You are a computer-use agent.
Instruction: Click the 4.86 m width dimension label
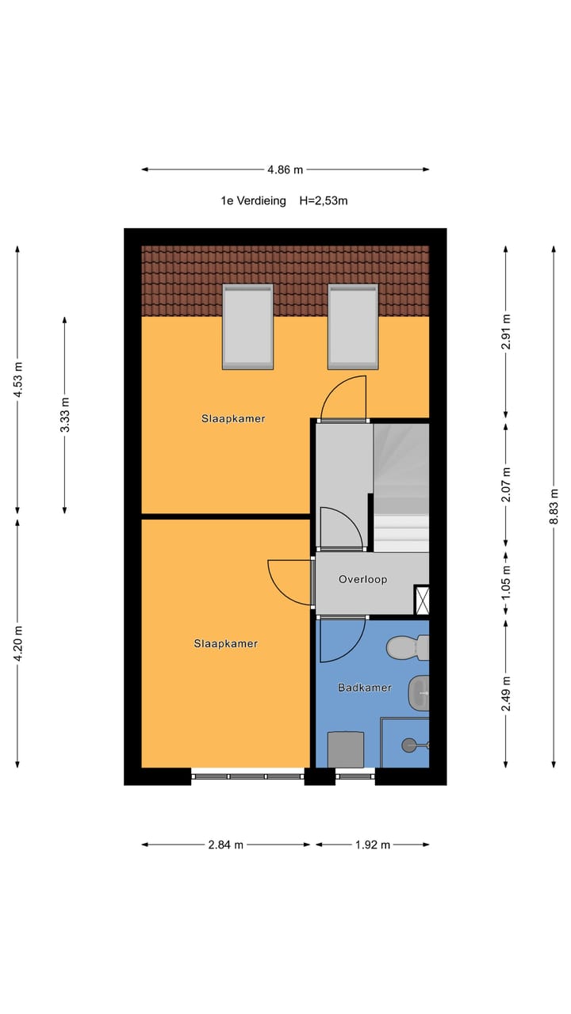click(x=285, y=170)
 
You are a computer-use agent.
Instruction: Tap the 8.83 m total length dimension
click(x=554, y=507)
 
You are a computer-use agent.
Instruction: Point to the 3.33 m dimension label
click(x=65, y=414)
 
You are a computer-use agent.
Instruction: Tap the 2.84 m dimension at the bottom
click(x=226, y=844)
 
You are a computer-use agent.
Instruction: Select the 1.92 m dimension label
click(x=373, y=844)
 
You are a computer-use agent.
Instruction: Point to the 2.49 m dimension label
click(x=507, y=694)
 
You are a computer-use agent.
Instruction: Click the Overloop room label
click(x=362, y=579)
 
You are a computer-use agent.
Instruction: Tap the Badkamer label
click(x=364, y=688)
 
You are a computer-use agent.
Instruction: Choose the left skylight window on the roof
click(x=247, y=326)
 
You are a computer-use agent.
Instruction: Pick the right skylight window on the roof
click(x=353, y=326)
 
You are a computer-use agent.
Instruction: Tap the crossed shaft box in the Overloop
click(x=422, y=600)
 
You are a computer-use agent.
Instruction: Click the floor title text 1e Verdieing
click(x=253, y=201)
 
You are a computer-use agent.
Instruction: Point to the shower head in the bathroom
click(x=410, y=745)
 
